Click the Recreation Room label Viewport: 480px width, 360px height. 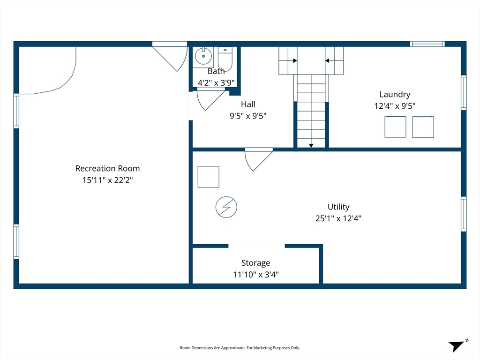(x=107, y=168)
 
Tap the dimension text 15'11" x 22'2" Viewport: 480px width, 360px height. (x=107, y=180)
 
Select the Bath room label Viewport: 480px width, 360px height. (x=216, y=71)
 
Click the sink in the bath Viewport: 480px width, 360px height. (x=203, y=57)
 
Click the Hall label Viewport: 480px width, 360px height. (x=248, y=104)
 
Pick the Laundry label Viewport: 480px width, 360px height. (x=395, y=94)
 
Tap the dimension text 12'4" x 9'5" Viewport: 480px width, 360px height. (x=395, y=106)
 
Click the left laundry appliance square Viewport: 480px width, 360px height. (x=395, y=127)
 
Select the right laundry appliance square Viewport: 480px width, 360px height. (x=423, y=127)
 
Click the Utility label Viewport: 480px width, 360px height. (x=338, y=207)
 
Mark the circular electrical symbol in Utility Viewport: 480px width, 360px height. (x=226, y=207)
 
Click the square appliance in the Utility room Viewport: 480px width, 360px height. (x=208, y=177)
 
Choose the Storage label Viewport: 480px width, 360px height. (x=255, y=263)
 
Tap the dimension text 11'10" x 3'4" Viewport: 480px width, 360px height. (x=255, y=275)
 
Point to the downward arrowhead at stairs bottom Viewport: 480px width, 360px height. (x=311, y=146)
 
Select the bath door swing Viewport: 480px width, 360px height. (x=209, y=98)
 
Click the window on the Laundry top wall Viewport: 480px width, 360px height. (x=427, y=44)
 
